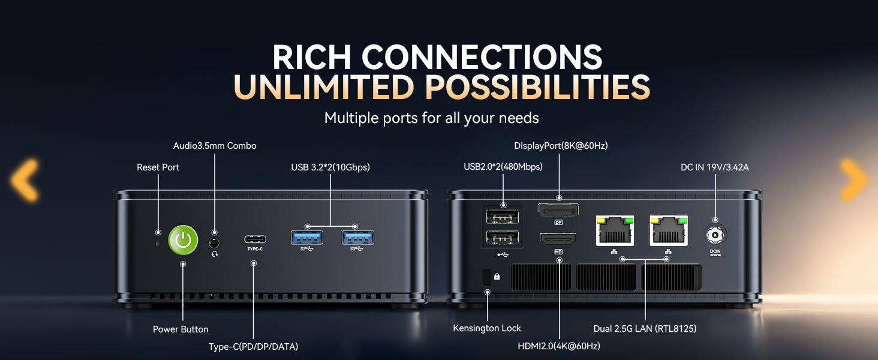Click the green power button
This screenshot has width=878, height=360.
(183, 239)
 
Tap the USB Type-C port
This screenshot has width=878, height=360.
(255, 239)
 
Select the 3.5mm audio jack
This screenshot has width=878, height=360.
(214, 243)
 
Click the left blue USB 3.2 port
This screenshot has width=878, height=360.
(307, 238)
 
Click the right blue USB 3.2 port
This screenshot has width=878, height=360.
(358, 238)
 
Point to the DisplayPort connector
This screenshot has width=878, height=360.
(558, 211)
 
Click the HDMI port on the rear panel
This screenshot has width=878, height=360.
(558, 239)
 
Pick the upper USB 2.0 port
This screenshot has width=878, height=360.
(503, 217)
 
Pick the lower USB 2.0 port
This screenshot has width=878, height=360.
(503, 238)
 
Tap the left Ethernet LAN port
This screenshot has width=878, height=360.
(615, 230)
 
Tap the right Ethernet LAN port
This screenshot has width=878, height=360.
(669, 230)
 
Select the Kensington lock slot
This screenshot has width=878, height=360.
(487, 277)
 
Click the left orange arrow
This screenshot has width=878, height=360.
(25, 180)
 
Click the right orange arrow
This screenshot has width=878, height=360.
(853, 180)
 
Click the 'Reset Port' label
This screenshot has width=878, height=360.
(158, 167)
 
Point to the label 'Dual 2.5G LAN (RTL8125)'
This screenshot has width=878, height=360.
(645, 329)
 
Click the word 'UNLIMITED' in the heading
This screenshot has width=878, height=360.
(324, 86)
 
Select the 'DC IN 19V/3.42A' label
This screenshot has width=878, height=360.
(714, 167)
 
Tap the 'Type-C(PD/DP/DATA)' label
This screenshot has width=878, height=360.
(253, 347)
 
